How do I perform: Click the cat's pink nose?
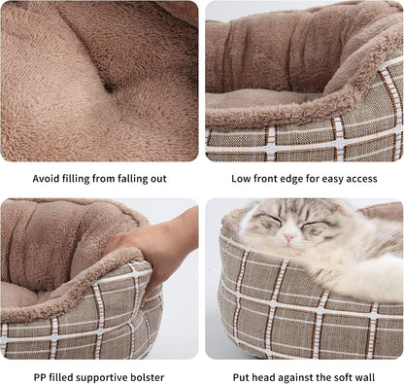(x=288, y=238)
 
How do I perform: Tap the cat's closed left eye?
(x=314, y=224)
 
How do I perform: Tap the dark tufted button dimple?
(x=109, y=87)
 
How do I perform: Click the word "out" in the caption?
(x=158, y=179)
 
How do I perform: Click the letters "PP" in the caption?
(x=39, y=377)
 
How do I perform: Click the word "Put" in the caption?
(x=241, y=377)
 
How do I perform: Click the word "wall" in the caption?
(x=364, y=377)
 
